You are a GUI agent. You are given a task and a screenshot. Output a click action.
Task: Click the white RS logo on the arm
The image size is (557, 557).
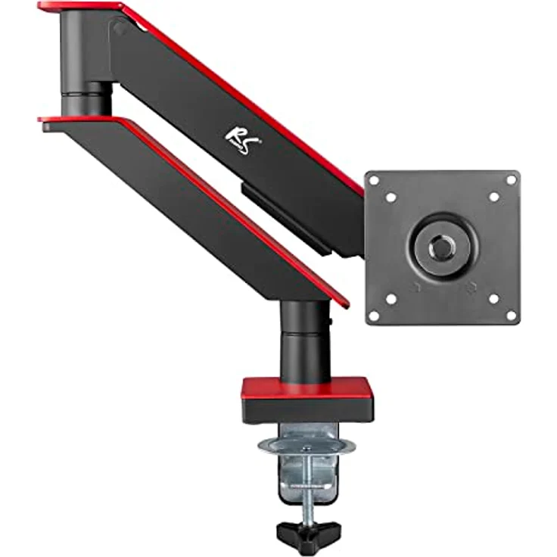click(x=244, y=142)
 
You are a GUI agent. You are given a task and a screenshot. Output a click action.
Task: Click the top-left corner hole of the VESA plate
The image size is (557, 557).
click(x=374, y=180)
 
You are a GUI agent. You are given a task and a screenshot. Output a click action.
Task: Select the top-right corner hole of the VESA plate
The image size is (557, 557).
click(x=511, y=180)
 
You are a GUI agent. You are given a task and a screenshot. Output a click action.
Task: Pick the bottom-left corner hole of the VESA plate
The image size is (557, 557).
click(x=374, y=316)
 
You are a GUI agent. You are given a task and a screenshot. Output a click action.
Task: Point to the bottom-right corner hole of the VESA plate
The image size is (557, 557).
click(x=511, y=316)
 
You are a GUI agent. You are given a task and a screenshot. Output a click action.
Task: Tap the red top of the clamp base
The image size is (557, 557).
click(x=307, y=388)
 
